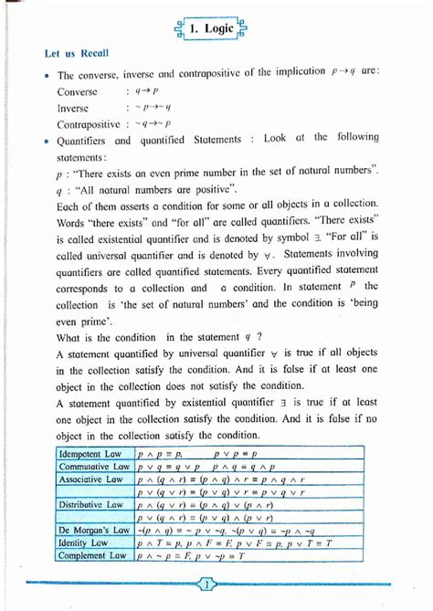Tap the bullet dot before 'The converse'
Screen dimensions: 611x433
(x=45, y=78)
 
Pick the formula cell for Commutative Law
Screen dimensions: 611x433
(x=210, y=466)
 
